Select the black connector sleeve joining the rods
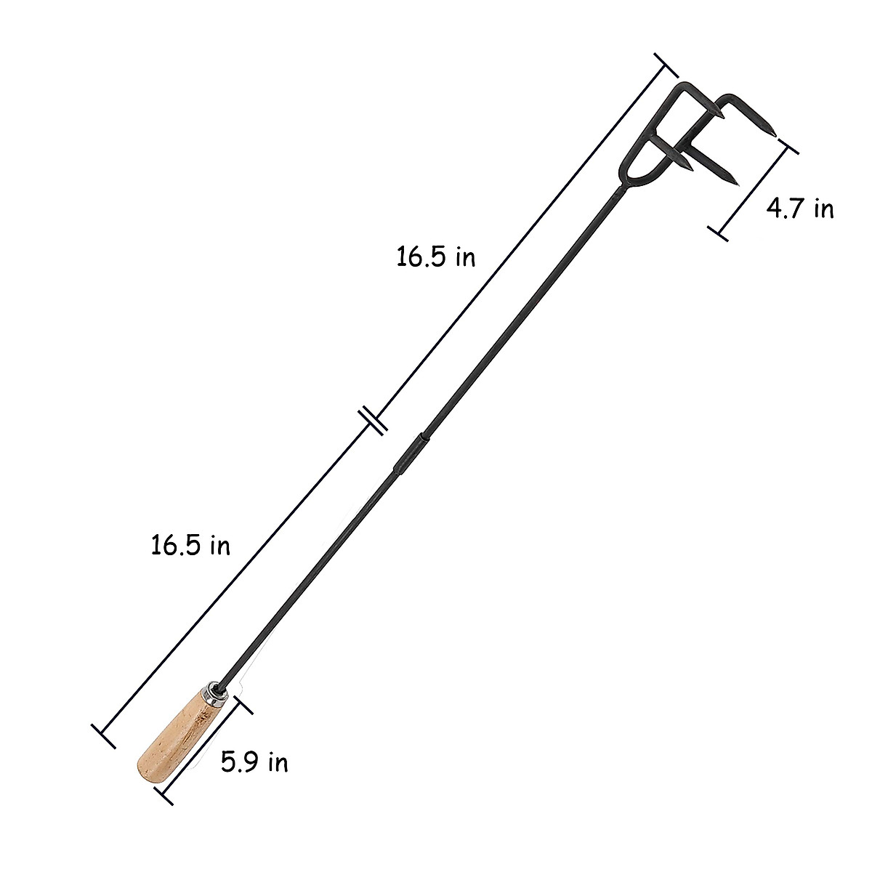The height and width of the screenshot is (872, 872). (411, 453)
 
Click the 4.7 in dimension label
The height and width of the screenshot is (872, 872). (800, 209)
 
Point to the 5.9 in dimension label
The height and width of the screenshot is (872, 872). (254, 762)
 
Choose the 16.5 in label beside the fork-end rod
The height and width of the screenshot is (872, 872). (435, 257)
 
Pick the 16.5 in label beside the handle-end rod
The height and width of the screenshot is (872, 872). (190, 545)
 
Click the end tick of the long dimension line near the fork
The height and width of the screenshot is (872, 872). (666, 65)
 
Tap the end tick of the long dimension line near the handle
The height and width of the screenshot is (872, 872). (103, 735)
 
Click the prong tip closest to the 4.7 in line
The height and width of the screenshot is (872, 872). (777, 137)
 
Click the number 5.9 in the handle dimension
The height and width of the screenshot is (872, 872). (238, 762)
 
